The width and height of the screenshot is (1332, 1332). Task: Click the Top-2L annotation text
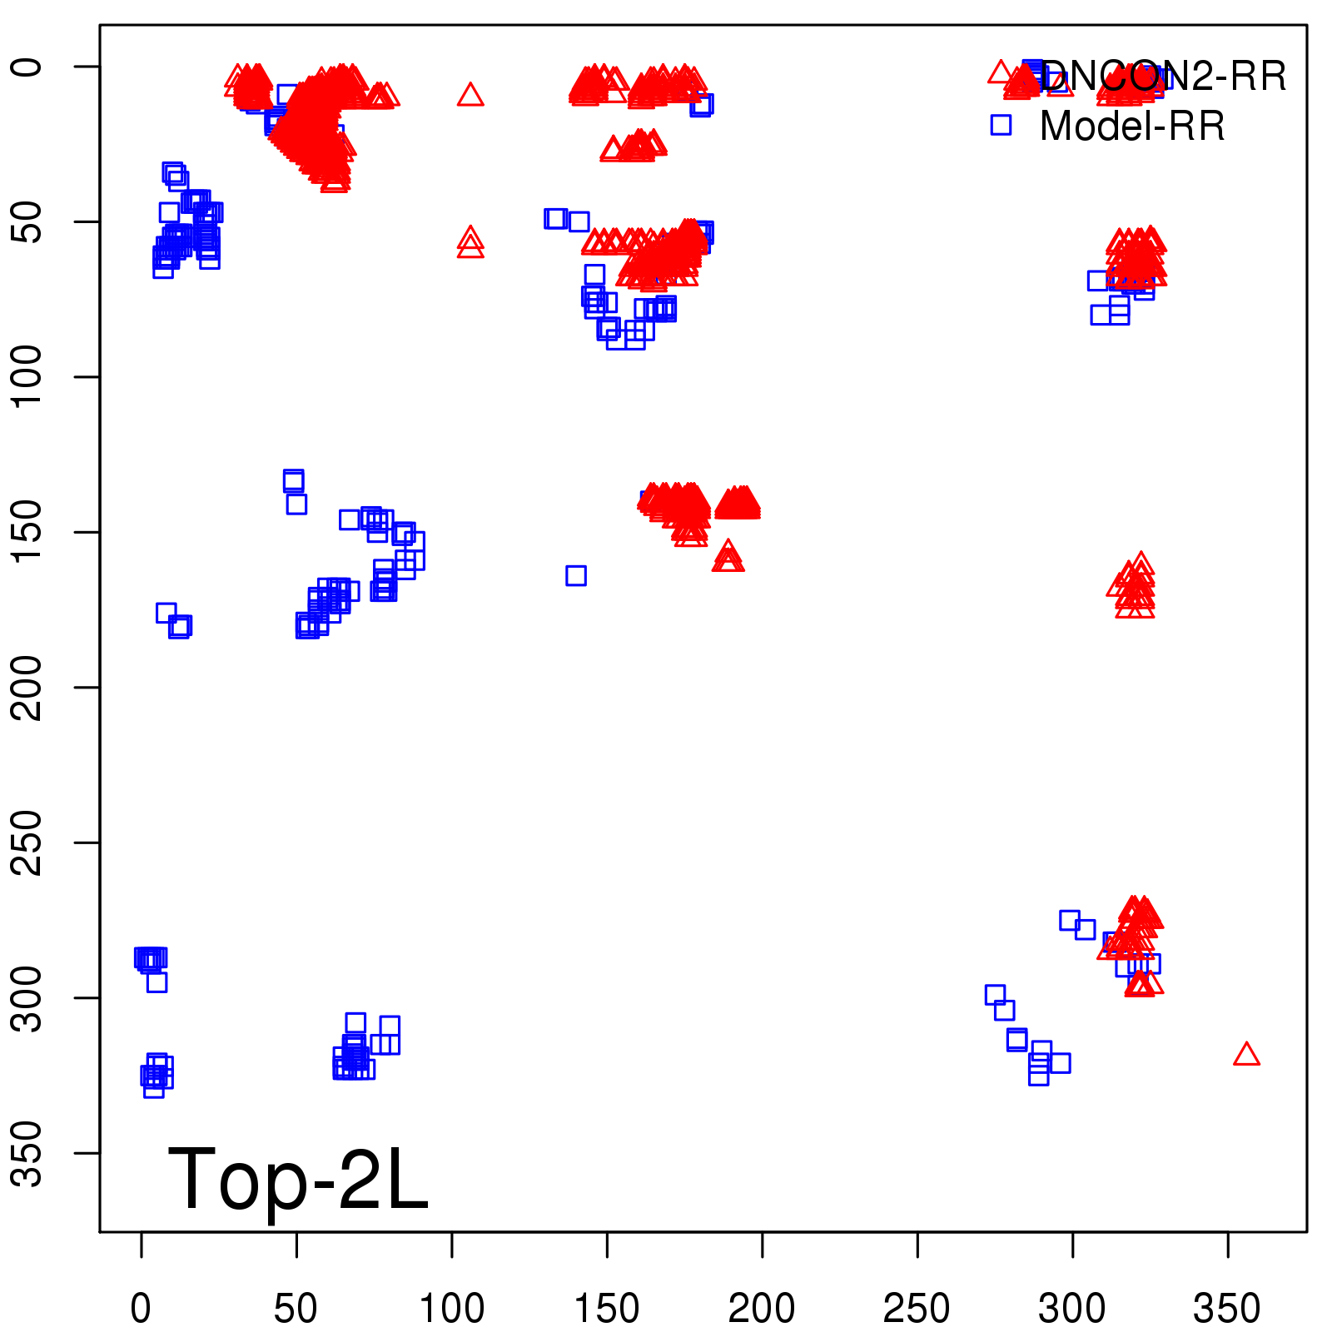point(298,1179)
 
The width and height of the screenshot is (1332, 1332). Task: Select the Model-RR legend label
point(1132,127)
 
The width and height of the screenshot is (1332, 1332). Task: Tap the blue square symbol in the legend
point(1001,125)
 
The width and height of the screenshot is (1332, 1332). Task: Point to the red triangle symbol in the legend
point(1001,72)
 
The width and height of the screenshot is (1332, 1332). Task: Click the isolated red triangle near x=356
point(1246,1056)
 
